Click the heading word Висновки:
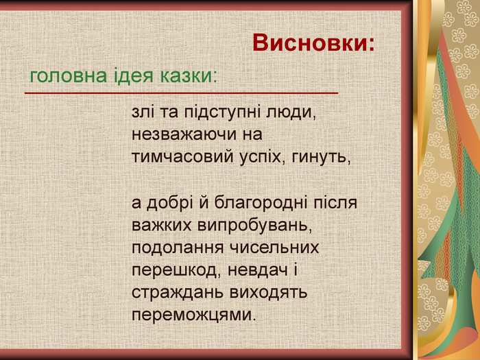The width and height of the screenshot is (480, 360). coord(314,43)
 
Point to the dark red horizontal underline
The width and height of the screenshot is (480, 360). coord(182,92)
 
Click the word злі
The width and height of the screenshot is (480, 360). coord(143,111)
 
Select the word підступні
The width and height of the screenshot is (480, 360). coord(210,112)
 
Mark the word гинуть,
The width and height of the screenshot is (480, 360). coord(322,157)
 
